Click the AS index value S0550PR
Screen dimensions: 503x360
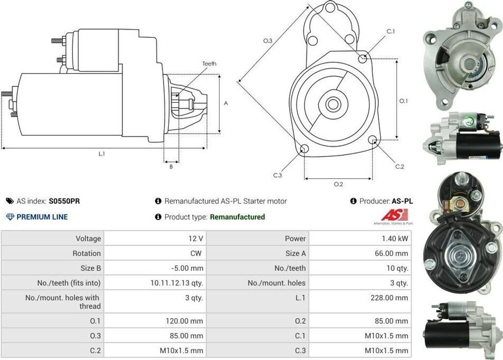point(64,201)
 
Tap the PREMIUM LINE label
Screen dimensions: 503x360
point(42,217)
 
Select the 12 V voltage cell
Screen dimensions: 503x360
point(195,238)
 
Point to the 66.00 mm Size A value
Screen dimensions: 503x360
point(391,253)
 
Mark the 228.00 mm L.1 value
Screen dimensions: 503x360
point(389,298)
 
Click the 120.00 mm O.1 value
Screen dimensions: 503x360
point(184,321)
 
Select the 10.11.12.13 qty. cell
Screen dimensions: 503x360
point(177,282)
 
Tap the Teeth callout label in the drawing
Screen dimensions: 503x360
point(209,64)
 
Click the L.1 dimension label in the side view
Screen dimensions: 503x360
point(102,154)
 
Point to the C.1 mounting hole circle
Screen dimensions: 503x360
point(363,59)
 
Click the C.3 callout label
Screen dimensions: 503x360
point(278,175)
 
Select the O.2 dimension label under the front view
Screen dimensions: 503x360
point(338,184)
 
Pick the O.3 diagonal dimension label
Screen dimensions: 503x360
point(268,41)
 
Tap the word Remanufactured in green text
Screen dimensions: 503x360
point(237,217)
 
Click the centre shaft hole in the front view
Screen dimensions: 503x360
point(333,104)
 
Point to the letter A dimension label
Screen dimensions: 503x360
point(226,104)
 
